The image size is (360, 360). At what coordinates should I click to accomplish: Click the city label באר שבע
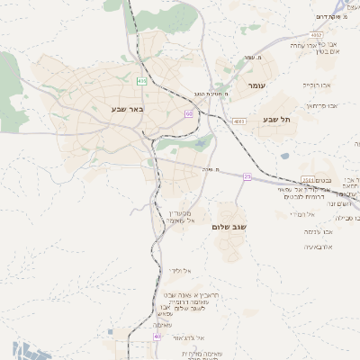click(x=129, y=109)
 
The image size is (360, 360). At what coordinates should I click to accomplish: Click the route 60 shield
click(x=189, y=113)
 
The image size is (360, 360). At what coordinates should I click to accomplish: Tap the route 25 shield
click(x=247, y=176)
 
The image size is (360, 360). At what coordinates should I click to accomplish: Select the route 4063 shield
click(x=238, y=121)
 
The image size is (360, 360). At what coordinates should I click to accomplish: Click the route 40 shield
click(x=157, y=335)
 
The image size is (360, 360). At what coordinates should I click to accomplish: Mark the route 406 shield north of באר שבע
click(x=141, y=81)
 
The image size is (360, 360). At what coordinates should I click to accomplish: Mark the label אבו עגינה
click(x=320, y=231)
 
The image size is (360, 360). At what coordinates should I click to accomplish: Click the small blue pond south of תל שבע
click(x=284, y=155)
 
